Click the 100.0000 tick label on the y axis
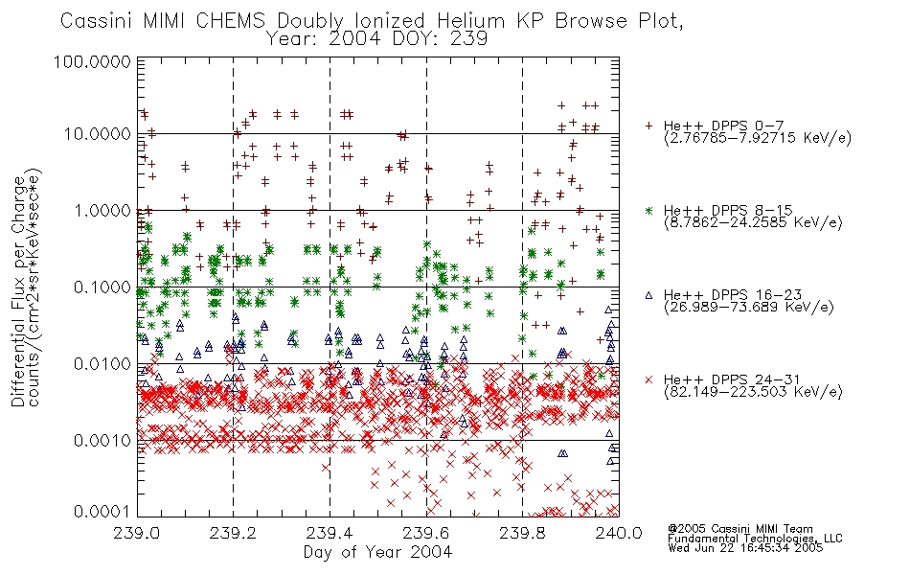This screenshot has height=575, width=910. coord(92,61)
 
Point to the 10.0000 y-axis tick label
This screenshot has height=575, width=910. coord(97,134)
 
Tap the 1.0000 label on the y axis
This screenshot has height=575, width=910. coord(102,210)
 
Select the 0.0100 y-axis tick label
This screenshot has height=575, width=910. coord(102,364)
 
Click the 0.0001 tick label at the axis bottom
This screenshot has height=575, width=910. coord(102,512)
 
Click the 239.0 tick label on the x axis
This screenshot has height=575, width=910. coord(137,533)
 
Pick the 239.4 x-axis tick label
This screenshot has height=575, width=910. coord(330,533)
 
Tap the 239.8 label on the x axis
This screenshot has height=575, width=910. coord(522,533)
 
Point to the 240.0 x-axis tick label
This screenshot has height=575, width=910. coord(619,533)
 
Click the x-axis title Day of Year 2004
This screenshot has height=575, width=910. coord(377,552)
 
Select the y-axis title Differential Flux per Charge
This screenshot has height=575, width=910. coord(18,291)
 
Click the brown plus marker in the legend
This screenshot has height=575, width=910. coord(648,126)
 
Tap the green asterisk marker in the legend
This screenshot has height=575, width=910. coord(648,210)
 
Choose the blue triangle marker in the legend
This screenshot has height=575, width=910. coord(648,295)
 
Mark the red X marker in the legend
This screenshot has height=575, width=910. coord(648,379)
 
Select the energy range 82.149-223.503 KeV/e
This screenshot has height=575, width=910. coord(753,392)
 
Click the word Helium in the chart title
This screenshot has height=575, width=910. coord(471,21)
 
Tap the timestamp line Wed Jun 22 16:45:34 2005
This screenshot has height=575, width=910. coord(745,548)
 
